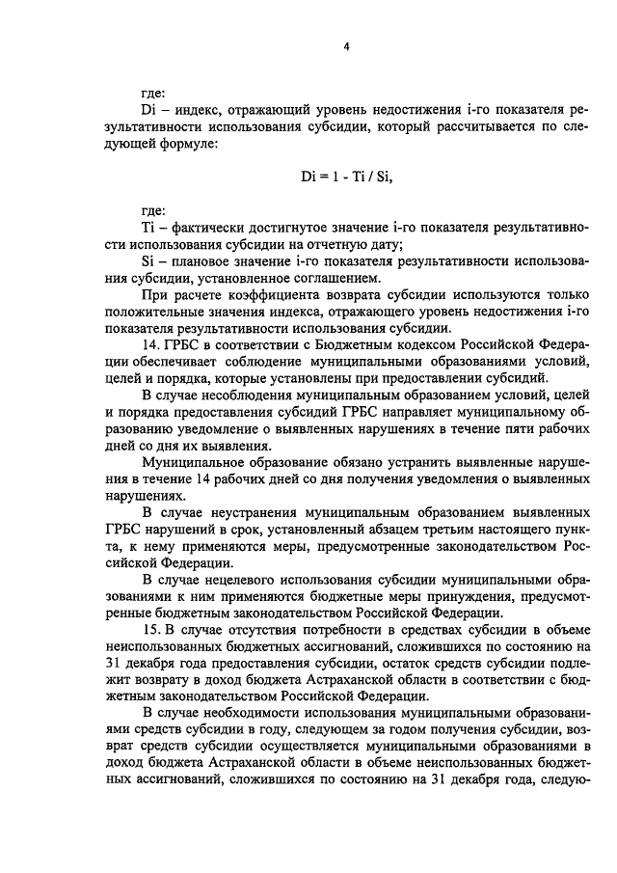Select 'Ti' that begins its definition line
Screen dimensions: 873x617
click(148, 227)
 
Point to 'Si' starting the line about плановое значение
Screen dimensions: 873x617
click(148, 261)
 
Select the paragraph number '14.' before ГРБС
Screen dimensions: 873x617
click(150, 345)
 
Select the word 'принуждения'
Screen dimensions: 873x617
click(458, 598)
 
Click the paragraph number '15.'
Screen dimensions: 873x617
click(150, 632)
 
